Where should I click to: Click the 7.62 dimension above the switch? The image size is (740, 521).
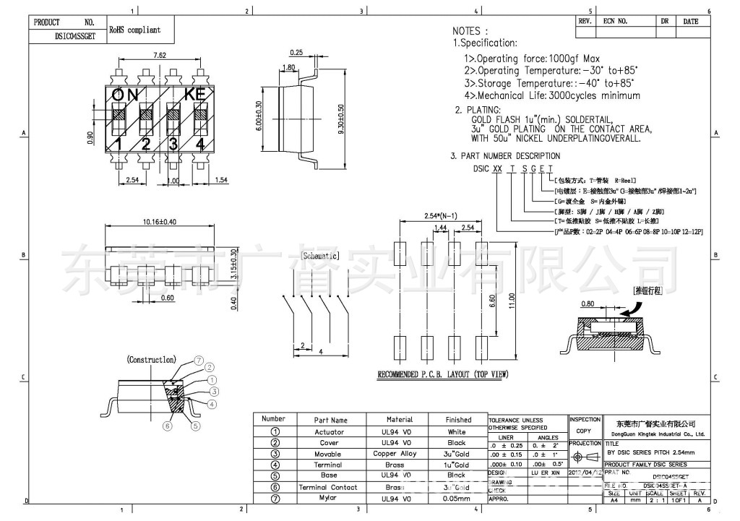point(160,56)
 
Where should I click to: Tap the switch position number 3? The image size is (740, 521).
point(173,144)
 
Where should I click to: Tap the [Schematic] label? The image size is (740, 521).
point(319,256)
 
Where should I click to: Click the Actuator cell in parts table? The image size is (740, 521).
point(330,432)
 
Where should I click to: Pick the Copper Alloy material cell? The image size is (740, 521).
point(399,454)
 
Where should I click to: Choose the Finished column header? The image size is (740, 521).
point(458,420)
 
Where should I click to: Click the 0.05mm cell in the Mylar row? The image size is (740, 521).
point(458,499)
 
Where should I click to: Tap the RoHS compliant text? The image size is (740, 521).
point(135,30)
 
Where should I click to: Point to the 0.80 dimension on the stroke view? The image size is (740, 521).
point(587,304)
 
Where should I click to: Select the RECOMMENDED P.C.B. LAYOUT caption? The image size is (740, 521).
point(443,375)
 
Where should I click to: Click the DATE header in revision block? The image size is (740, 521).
point(690,22)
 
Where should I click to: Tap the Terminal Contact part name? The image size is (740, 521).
point(330,487)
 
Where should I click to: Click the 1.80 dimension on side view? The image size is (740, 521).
point(288,67)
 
